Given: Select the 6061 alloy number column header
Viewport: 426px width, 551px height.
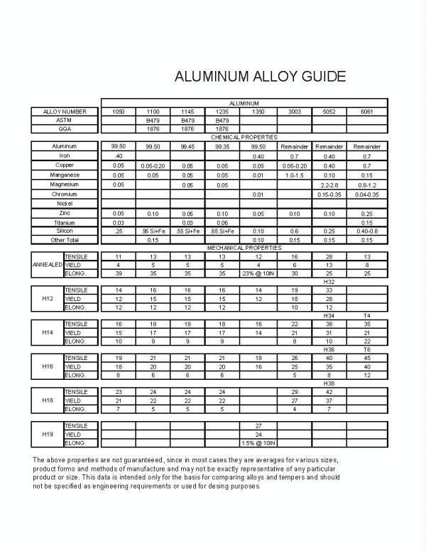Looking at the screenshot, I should coord(367,111).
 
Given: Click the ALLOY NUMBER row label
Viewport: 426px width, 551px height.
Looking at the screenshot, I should coord(65,111).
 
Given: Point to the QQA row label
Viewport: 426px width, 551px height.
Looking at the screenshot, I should coord(65,129).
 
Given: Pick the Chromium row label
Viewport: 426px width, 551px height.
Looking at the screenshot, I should coord(65,194).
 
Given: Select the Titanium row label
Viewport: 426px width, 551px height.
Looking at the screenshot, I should coord(65,222).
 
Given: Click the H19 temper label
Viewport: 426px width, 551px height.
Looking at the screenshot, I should coord(48,434).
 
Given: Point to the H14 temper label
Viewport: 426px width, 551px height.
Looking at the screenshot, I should coord(48,332).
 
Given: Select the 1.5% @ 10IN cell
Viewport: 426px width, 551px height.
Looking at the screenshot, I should coord(258,443).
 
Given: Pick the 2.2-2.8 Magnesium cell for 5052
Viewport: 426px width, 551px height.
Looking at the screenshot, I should coord(329,184).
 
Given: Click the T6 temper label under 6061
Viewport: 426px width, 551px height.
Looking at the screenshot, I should coord(367,349).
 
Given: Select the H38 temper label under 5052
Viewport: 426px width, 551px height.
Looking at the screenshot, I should coord(329,383).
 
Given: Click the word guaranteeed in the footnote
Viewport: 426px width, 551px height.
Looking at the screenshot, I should coord(145,460).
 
